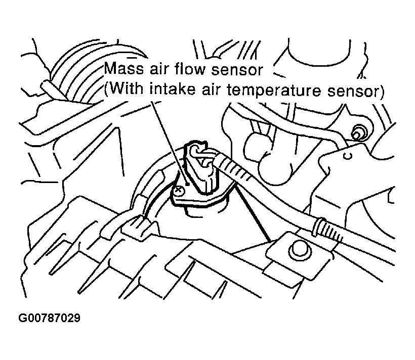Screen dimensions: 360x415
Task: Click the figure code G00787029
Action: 50,319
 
